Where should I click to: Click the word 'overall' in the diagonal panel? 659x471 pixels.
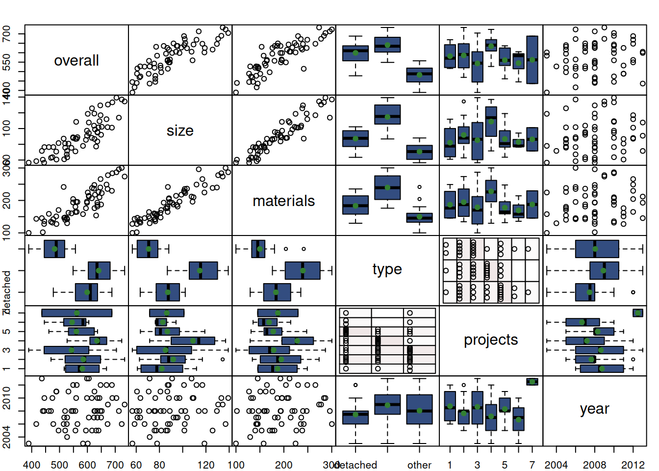pyautogui.click(x=76, y=60)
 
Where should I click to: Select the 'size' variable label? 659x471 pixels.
pyautogui.click(x=180, y=131)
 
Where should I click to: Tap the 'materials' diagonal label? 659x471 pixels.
pyautogui.click(x=283, y=201)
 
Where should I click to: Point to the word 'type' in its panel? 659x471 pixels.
pyautogui.click(x=387, y=269)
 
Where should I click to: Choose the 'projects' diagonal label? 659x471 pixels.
pyautogui.click(x=491, y=340)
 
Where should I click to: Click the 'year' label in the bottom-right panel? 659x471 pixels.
pyautogui.click(x=594, y=409)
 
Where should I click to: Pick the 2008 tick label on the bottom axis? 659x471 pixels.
pyautogui.click(x=594, y=465)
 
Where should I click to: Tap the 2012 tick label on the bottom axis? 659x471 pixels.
pyautogui.click(x=633, y=465)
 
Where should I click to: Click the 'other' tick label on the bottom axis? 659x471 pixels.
pyautogui.click(x=419, y=465)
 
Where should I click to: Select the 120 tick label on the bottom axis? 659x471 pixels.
pyautogui.click(x=205, y=465)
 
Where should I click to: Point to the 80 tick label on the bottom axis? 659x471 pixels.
pyautogui.click(x=159, y=465)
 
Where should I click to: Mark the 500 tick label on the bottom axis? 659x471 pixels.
pyautogui.click(x=59, y=465)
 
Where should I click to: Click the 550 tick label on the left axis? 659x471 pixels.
pyautogui.click(x=6, y=62)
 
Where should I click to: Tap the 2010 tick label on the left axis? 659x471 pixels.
pyautogui.click(x=6, y=397)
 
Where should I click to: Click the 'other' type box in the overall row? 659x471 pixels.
pyautogui.click(x=419, y=75)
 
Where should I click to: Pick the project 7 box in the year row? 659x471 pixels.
pyautogui.click(x=532, y=382)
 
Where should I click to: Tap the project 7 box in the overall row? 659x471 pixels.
pyautogui.click(x=532, y=60)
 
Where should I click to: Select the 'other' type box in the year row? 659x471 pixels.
pyautogui.click(x=419, y=409)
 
